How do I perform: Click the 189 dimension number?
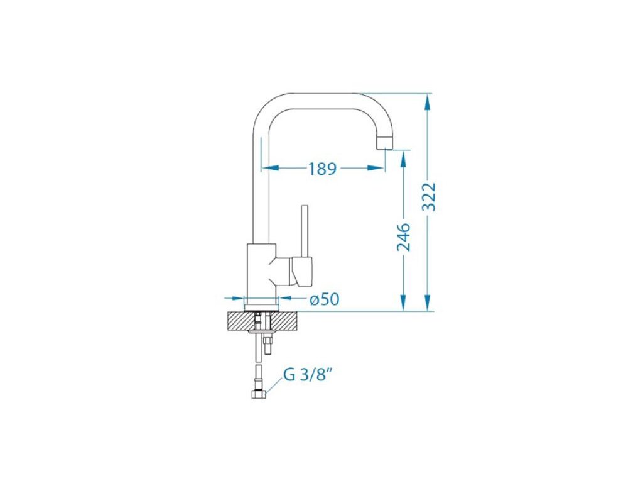tap(322, 169)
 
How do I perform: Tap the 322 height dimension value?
tap(429, 196)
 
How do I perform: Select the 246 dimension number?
tap(404, 237)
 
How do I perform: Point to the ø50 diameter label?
tap(325, 299)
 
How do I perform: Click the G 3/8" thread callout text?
tap(307, 375)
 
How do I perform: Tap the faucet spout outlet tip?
tap(385, 144)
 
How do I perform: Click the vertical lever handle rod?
tap(305, 231)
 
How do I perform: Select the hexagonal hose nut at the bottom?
tap(258, 394)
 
